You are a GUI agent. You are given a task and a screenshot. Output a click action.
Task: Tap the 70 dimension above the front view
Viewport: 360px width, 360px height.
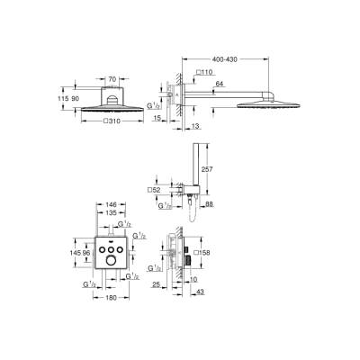pos(112,79)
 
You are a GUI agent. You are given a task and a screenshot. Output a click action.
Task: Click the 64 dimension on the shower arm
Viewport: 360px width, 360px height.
pos(219,85)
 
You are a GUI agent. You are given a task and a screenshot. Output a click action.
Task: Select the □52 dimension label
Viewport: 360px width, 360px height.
pos(154,191)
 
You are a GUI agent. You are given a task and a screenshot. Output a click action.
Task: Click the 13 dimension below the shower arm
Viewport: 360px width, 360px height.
pos(196,126)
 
